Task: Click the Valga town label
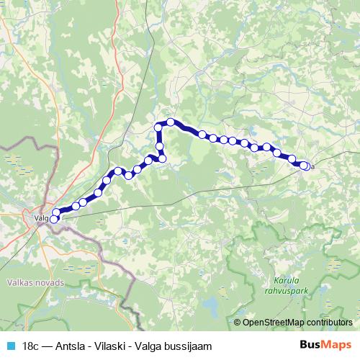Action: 40,215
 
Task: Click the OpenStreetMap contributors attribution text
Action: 297,322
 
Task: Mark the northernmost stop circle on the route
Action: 171,122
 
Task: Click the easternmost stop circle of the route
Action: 306,166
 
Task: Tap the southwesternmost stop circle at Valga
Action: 53,219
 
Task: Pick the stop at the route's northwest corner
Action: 159,128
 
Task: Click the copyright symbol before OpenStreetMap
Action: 238,322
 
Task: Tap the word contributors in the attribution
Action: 327,322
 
